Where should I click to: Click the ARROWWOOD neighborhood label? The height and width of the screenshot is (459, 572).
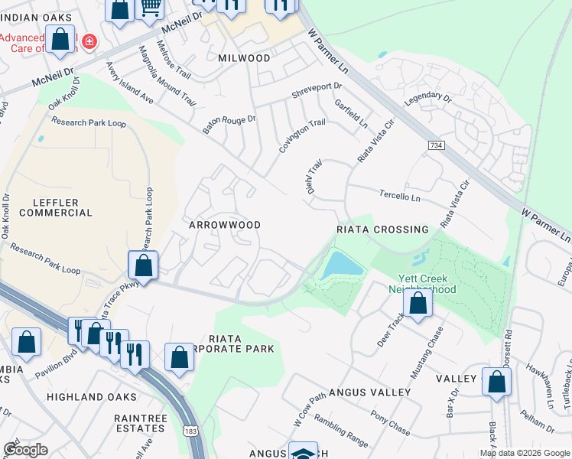(x=226, y=225)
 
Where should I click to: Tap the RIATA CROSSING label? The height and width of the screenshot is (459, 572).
(x=382, y=229)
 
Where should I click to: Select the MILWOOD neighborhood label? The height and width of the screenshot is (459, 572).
(x=244, y=58)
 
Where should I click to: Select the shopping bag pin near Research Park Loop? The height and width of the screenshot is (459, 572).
(x=143, y=266)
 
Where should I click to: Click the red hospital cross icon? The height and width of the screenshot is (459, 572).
(x=89, y=41)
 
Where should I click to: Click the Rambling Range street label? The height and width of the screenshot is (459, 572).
(x=341, y=436)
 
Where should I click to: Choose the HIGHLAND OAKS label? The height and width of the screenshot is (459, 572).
(x=91, y=397)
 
